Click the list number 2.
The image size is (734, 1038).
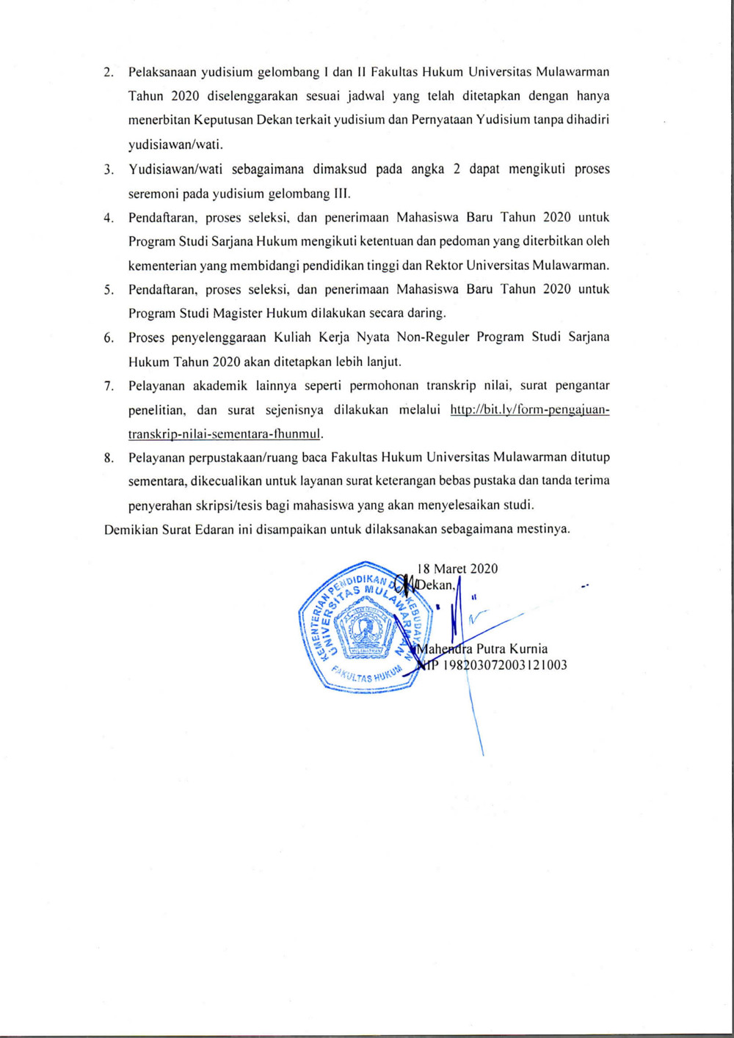tap(108, 73)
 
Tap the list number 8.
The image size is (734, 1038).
tap(108, 458)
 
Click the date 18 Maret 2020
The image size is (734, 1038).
tap(457, 569)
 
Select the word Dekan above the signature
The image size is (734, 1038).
tap(436, 585)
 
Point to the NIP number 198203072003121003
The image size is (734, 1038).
tap(498, 665)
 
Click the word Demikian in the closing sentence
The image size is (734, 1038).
tap(131, 529)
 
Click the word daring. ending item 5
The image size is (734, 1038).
tap(426, 313)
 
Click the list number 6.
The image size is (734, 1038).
tap(108, 337)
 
